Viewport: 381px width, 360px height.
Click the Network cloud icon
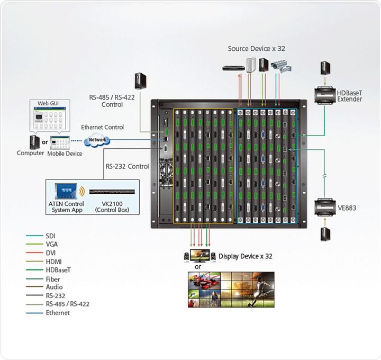coord(97,140)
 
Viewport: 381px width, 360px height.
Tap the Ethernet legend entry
coord(57,313)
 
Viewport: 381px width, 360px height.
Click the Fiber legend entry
coord(53,279)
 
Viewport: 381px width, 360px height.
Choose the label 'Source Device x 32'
coord(257,49)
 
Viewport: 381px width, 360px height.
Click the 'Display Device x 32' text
coord(245,256)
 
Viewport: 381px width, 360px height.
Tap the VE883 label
coord(347,208)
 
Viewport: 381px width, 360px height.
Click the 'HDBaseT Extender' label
coord(349,96)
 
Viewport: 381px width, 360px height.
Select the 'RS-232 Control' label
coord(127,166)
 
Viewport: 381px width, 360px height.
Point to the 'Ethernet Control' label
coord(102,127)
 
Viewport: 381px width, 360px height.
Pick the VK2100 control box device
coord(113,191)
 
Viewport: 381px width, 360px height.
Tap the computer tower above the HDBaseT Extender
coord(325,68)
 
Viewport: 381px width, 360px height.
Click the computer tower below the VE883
coord(325,234)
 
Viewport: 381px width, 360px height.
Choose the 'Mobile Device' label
coord(65,154)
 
